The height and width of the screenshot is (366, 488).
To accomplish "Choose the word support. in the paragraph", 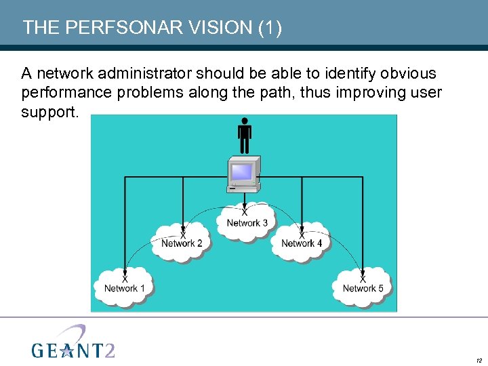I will (x=49, y=112).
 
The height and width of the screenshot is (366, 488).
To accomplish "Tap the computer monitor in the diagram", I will (x=243, y=174).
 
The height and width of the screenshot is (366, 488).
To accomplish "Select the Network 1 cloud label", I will (x=125, y=288).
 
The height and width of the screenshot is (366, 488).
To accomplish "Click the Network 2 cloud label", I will (x=182, y=243).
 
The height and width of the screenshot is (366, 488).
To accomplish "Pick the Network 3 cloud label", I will (x=247, y=223).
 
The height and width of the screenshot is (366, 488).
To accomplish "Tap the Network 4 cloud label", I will (x=302, y=243).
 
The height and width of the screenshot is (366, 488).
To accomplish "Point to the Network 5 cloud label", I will (x=363, y=288).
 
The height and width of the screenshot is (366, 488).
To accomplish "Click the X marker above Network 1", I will (x=125, y=279).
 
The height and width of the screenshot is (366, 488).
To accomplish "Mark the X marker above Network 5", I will (x=363, y=279).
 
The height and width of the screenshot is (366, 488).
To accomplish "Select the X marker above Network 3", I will (x=244, y=213).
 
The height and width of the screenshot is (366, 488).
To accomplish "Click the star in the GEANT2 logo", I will (x=66, y=350).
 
